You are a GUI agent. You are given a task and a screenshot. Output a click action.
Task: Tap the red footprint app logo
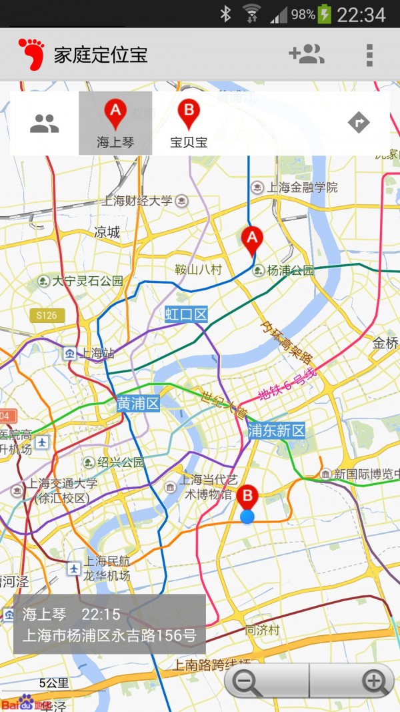coord(31,54)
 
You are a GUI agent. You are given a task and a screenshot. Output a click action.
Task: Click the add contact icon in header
coord(306,54)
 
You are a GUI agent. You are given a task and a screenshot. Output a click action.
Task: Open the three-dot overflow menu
coord(369,55)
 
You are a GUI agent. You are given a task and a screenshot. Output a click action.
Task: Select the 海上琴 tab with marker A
coord(115,123)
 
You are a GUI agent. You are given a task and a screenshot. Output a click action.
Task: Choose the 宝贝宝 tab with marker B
coord(189,123)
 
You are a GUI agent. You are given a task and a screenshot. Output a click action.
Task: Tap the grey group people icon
coord(45,123)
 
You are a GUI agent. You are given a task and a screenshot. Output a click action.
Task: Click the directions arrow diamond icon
coord(359,123)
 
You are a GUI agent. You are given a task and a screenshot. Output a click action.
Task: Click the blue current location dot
coord(247,516)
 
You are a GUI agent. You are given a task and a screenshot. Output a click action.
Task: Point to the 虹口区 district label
coord(187,314)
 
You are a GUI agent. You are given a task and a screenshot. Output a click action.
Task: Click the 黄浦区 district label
coord(138,403)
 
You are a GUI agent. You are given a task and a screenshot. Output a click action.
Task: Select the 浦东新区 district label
coord(276,430)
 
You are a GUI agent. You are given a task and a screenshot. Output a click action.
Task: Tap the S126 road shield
coord(47,315)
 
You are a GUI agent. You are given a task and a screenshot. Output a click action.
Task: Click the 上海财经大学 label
coord(138,200)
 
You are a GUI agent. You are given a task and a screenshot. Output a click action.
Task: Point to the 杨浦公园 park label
coord(290,270)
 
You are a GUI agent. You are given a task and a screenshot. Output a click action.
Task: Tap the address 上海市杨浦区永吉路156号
coord(109,635)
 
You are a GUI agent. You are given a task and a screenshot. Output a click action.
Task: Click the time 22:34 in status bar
coord(361,15)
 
